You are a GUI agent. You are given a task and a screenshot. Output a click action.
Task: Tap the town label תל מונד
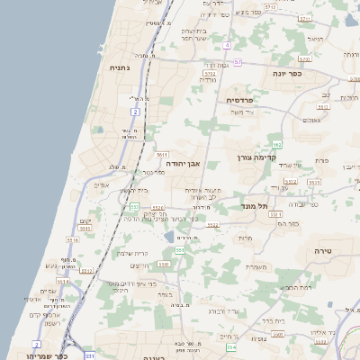point(256,206)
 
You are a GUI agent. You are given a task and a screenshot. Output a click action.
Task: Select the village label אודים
point(101,185)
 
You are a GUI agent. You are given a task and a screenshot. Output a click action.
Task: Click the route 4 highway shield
point(228,45)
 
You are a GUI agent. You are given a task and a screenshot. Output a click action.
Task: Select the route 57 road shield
point(238,62)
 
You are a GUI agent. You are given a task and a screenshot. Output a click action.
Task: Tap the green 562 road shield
point(277,144)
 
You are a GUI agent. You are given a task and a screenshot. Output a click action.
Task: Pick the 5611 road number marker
point(162,156)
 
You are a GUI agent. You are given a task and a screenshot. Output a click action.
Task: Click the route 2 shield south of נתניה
point(136,112)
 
